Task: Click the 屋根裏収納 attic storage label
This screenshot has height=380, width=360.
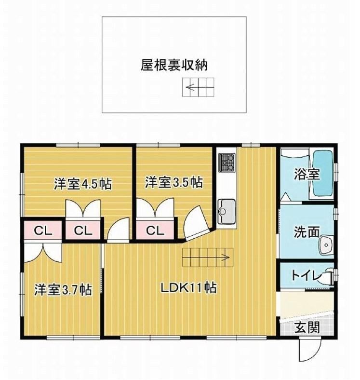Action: pos(173,65)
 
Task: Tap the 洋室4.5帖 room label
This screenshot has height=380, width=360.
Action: pos(82,184)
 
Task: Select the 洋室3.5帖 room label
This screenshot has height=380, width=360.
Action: pos(173,182)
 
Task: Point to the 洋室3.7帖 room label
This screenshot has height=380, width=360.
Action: pos(63,289)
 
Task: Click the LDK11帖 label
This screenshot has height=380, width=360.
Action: pos(189,288)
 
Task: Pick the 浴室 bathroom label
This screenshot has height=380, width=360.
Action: pos(307,174)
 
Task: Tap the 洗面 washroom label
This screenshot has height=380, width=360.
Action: pos(307,231)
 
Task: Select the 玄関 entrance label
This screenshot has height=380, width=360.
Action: pos(307,328)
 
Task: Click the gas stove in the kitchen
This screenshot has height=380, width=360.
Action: pos(227,163)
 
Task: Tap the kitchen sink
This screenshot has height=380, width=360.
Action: pos(227,212)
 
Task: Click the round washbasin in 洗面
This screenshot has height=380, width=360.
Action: pos(326,245)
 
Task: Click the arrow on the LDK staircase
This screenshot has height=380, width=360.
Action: pos(206,257)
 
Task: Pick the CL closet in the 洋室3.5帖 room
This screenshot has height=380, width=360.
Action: pos(155,230)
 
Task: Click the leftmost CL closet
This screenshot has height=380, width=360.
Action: pos(43,231)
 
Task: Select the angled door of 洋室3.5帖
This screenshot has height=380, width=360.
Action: pos(196,222)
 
